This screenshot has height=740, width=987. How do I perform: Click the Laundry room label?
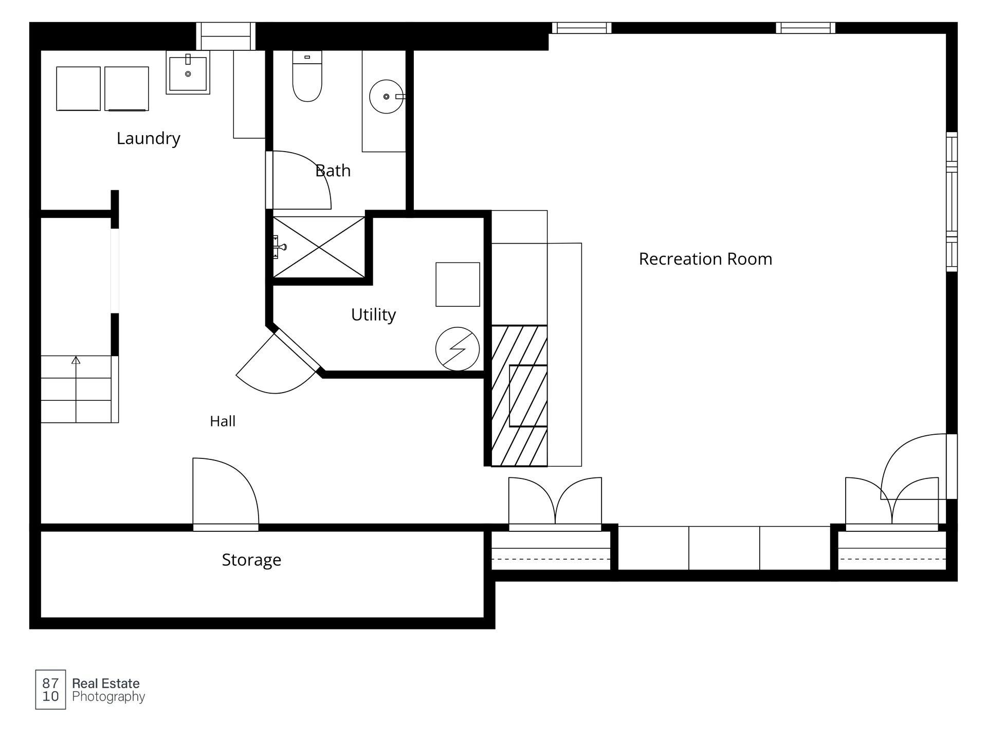point(148,139)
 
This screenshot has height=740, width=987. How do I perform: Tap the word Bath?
point(333,171)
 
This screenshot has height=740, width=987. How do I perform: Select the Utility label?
point(373,314)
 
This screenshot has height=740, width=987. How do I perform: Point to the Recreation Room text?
point(705,259)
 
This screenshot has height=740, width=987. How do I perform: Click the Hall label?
point(223,421)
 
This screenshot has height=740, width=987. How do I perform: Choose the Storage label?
point(251,560)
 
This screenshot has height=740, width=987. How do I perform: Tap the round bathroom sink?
point(387,97)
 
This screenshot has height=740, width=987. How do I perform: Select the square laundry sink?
point(188,72)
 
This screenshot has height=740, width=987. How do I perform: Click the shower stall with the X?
point(319,247)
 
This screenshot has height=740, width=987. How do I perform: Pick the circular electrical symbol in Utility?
point(457,349)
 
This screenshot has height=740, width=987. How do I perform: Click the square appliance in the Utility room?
point(458,285)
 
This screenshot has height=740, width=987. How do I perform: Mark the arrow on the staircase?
point(76,388)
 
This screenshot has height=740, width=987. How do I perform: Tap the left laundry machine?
point(78,88)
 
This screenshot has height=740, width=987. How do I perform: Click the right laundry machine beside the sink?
point(126,88)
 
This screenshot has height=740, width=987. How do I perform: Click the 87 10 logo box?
point(50,690)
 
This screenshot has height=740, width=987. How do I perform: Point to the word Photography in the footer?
point(108,697)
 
